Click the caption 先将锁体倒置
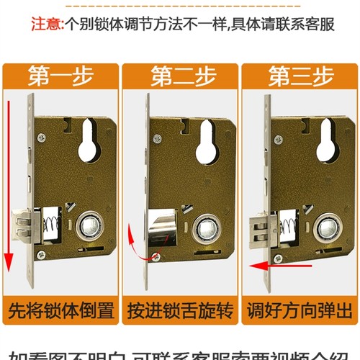pyautogui.click(x=60, y=312)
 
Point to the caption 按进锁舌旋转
pyautogui.click(x=179, y=312)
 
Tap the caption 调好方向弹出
pyautogui.click(x=299, y=312)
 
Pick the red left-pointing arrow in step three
pyautogui.click(x=277, y=266)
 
